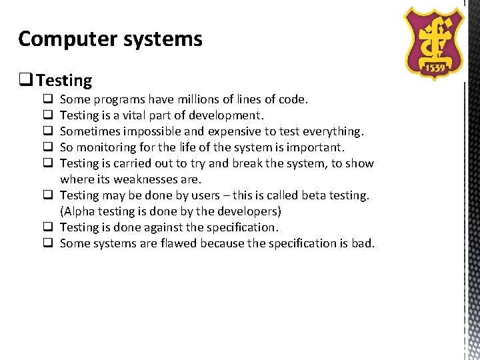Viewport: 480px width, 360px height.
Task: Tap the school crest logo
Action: point(435,41)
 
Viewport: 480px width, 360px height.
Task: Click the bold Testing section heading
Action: point(64,81)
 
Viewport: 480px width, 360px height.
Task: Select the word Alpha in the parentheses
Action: point(81,211)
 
